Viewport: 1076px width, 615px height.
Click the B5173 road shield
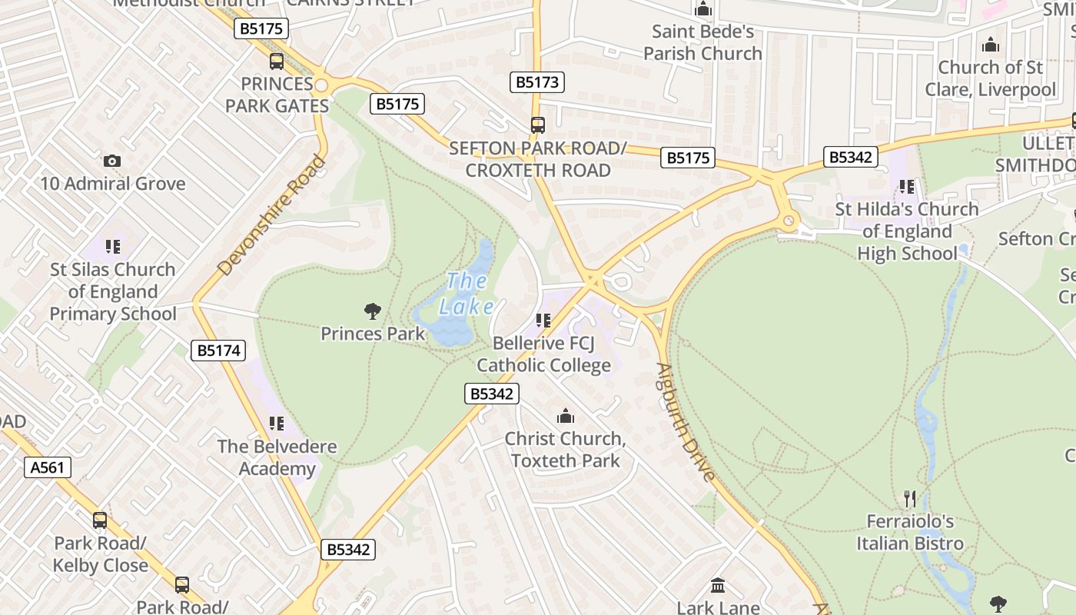(538, 82)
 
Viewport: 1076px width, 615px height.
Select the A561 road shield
(48, 467)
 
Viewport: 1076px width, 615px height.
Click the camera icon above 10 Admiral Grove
(112, 161)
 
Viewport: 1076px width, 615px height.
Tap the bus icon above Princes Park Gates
(276, 61)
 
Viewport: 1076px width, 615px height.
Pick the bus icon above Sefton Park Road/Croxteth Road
(538, 125)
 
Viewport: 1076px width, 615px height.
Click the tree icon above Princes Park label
(373, 311)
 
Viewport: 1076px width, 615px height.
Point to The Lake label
(467, 294)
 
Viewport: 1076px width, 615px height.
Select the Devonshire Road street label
(272, 215)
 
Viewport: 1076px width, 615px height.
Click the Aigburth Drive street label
(686, 421)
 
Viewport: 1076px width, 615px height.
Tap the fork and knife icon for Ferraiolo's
(910, 499)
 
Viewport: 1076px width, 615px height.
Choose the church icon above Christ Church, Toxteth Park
(566, 417)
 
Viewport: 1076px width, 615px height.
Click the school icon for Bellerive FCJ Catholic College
(543, 321)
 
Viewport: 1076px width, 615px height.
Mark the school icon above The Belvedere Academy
(277, 424)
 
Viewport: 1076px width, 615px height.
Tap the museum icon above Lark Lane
(718, 586)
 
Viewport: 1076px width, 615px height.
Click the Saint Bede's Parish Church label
(702, 42)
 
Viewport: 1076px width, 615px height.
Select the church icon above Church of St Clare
(991, 45)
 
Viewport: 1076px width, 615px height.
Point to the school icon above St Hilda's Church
(907, 187)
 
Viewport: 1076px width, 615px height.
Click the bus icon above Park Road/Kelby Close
(100, 520)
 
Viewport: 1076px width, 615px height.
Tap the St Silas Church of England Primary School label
(113, 291)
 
